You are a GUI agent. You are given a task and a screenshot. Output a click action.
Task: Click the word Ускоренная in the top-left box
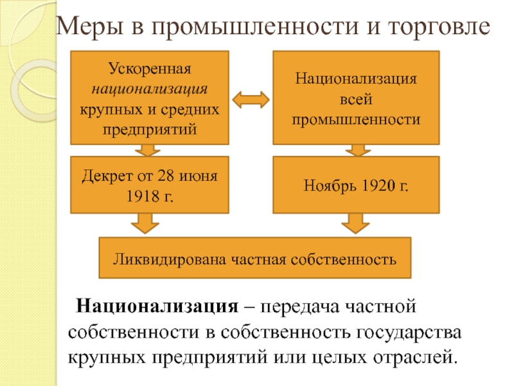pos(149,68)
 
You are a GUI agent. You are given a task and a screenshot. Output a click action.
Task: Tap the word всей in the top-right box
pos(356,100)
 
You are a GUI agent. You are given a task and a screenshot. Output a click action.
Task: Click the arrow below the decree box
pos(145,225)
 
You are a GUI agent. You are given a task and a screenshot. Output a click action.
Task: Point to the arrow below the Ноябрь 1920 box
pos(353,225)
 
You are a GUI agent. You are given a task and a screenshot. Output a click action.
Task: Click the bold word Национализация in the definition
pos(154,304)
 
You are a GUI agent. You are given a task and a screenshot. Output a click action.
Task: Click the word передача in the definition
pos(289,304)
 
